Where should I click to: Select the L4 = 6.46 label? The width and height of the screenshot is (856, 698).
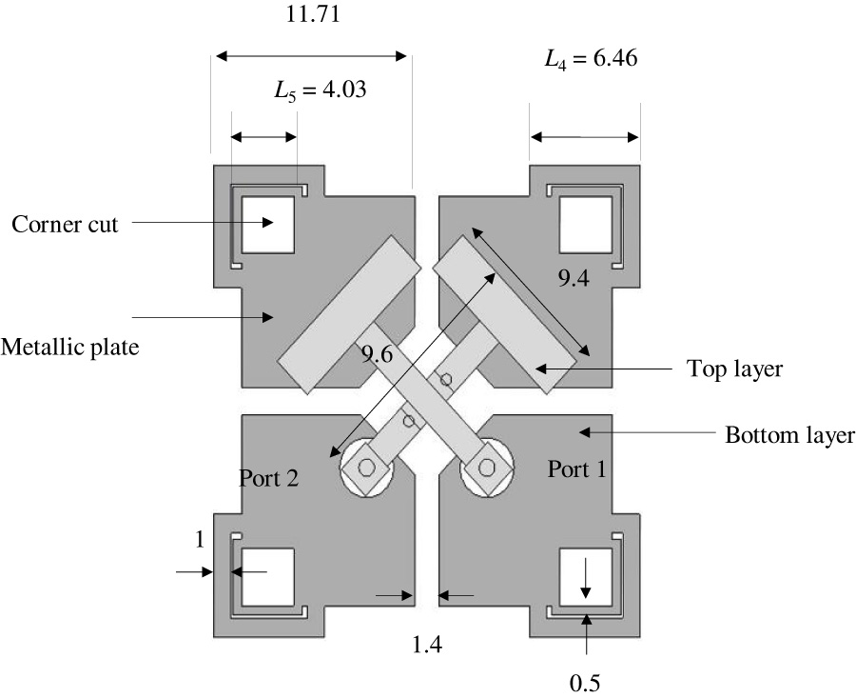click(591, 59)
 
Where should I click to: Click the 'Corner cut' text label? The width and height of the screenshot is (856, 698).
click(65, 225)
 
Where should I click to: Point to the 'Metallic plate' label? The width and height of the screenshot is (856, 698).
click(70, 347)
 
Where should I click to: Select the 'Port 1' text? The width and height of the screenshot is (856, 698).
click(577, 469)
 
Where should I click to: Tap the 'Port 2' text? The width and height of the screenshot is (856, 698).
click(269, 478)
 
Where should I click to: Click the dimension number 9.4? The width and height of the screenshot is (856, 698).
click(574, 279)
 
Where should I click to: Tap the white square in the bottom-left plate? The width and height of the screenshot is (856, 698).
click(268, 577)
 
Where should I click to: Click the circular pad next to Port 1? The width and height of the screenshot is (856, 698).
click(486, 467)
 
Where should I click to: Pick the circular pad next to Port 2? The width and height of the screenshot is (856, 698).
click(366, 468)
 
